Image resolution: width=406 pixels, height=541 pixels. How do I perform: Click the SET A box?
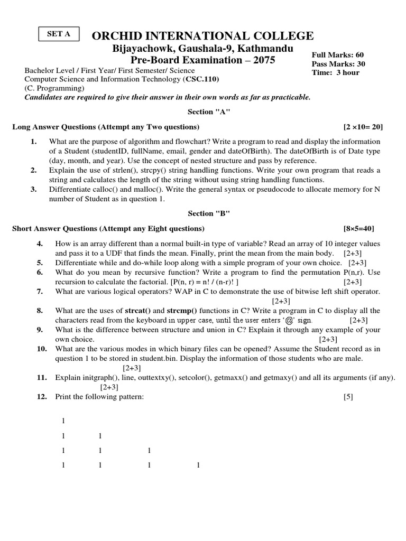tap(59, 34)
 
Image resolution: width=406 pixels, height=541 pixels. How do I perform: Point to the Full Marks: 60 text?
tap(337, 55)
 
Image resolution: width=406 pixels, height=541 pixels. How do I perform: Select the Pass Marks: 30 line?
tap(338, 64)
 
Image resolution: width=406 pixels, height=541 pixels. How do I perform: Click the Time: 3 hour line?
tap(335, 72)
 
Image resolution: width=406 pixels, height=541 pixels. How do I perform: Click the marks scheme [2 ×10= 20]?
tap(363, 127)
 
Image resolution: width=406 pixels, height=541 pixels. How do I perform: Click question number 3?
tap(33, 189)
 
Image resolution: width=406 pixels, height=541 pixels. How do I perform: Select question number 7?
tap(40, 292)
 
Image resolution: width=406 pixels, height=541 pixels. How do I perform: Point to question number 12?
tap(42, 397)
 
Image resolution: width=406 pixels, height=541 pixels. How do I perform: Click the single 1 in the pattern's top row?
tap(63, 421)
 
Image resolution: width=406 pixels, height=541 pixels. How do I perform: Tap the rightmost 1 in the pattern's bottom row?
tap(198, 465)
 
